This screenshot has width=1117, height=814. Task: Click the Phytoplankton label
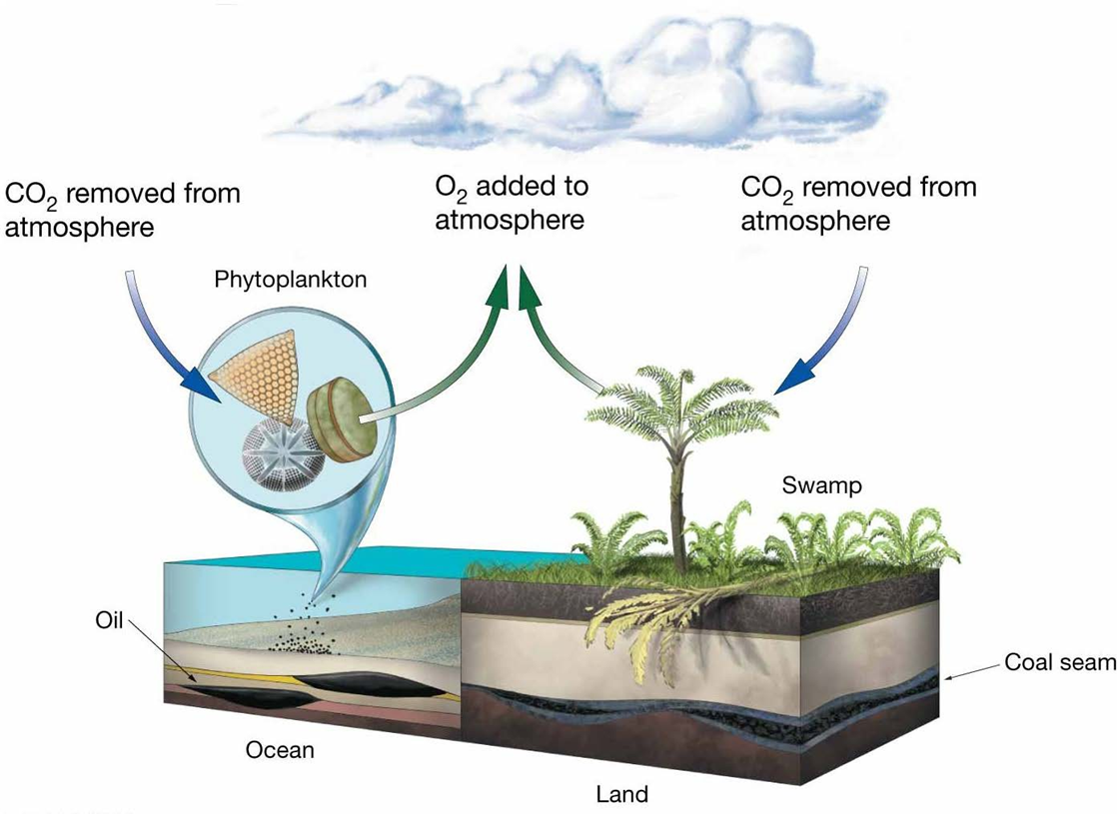pos(291,280)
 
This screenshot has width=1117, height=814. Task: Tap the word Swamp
pos(822,485)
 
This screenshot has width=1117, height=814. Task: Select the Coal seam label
pos(1060,662)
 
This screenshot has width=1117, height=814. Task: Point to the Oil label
pos(109,620)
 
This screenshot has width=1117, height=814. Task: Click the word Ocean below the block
pos(280,750)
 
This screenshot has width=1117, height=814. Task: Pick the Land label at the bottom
pos(622,794)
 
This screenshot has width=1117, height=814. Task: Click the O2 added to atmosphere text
pos(512,203)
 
